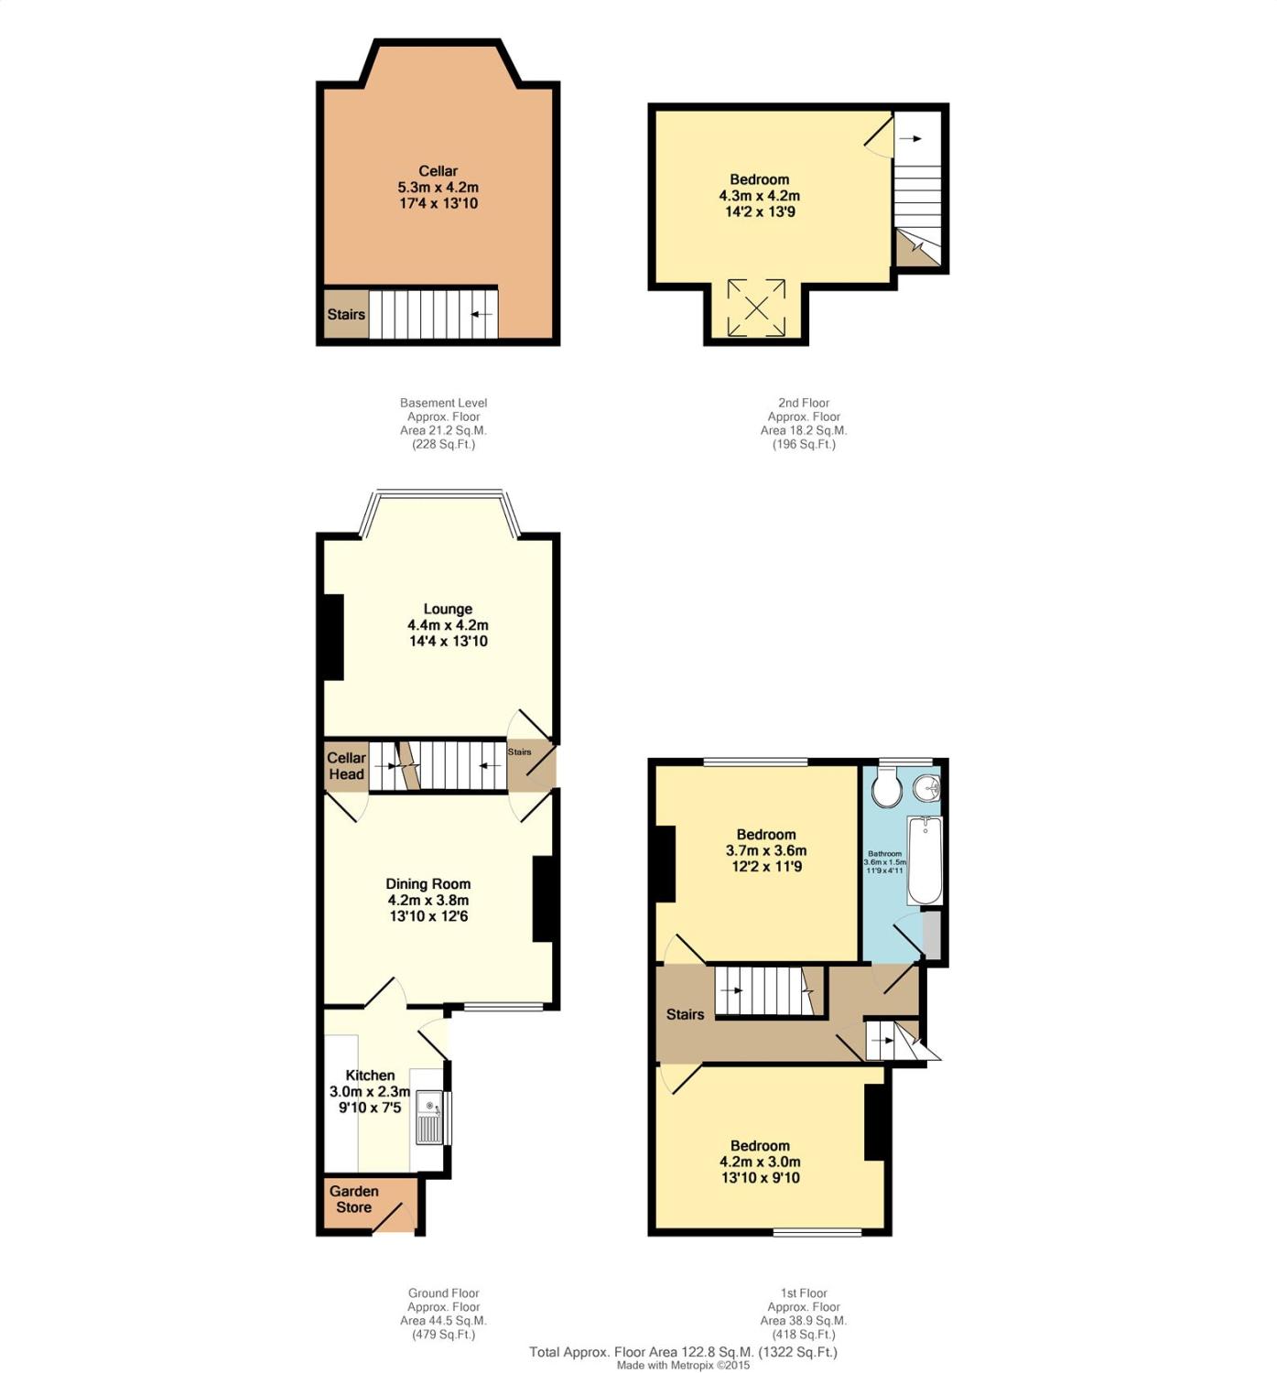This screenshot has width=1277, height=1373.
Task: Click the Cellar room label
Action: pos(438,171)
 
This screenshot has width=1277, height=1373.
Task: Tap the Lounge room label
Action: pos(448,609)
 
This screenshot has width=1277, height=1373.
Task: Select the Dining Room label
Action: pos(428,883)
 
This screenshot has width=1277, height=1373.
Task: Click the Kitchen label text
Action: pos(370,1075)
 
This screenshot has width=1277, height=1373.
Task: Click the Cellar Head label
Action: pos(346,766)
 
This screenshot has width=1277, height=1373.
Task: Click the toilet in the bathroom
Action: pos(886,788)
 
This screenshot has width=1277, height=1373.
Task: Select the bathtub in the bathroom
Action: pos(925,860)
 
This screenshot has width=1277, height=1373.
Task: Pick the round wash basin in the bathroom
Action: pos(925,787)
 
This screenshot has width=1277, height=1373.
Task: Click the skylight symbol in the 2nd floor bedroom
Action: pos(756,308)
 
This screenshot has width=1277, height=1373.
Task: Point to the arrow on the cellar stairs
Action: pos(482,315)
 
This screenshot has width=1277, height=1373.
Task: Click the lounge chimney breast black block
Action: pos(333,637)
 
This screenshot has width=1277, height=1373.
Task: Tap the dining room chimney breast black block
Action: pos(543,899)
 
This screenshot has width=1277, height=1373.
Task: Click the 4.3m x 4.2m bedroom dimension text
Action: pos(759,196)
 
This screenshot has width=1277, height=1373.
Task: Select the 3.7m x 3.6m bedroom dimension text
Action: pos(766,850)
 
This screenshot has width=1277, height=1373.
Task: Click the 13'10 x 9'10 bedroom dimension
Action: pos(760,1177)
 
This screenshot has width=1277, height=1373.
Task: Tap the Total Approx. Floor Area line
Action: pos(683,1352)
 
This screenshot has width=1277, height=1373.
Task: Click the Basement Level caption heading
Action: pos(443,403)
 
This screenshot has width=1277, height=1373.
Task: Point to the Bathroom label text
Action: pos(884,854)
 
